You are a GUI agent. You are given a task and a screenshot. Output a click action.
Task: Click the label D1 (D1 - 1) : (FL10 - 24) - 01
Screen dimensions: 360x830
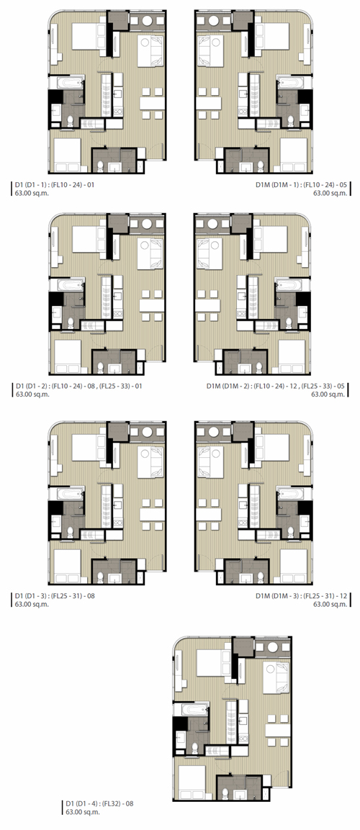click(55, 185)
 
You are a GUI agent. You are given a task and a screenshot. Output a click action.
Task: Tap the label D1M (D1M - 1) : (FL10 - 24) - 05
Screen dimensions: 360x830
click(301, 185)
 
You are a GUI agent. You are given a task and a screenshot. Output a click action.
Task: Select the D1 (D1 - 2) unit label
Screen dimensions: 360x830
click(79, 386)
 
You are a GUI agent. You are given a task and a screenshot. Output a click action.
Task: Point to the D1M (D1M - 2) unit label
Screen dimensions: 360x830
click(276, 386)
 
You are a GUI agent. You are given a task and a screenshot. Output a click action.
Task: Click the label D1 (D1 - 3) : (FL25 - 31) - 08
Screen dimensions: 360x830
click(55, 595)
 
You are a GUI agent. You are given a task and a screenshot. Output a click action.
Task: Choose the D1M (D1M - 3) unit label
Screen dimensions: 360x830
click(301, 595)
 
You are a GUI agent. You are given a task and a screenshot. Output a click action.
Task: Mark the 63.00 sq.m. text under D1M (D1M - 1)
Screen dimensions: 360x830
click(330, 193)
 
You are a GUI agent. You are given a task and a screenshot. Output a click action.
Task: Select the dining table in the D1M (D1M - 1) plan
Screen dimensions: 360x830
click(208, 102)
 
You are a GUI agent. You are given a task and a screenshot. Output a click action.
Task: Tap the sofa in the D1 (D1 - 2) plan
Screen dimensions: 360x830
click(150, 253)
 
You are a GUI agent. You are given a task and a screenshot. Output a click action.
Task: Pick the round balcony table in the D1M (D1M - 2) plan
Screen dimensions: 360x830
click(214, 223)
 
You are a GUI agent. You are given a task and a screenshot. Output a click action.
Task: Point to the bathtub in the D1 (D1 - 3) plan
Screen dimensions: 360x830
click(66, 493)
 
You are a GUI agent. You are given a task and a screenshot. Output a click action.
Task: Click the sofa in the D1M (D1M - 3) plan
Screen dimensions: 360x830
click(209, 461)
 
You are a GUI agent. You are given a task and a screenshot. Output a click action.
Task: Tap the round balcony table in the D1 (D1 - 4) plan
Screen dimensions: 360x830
click(271, 647)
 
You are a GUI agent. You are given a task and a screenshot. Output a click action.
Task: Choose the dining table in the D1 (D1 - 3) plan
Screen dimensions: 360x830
click(152, 515)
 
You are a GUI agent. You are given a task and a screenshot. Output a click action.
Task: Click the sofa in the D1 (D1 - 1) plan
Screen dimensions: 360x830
click(150, 51)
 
